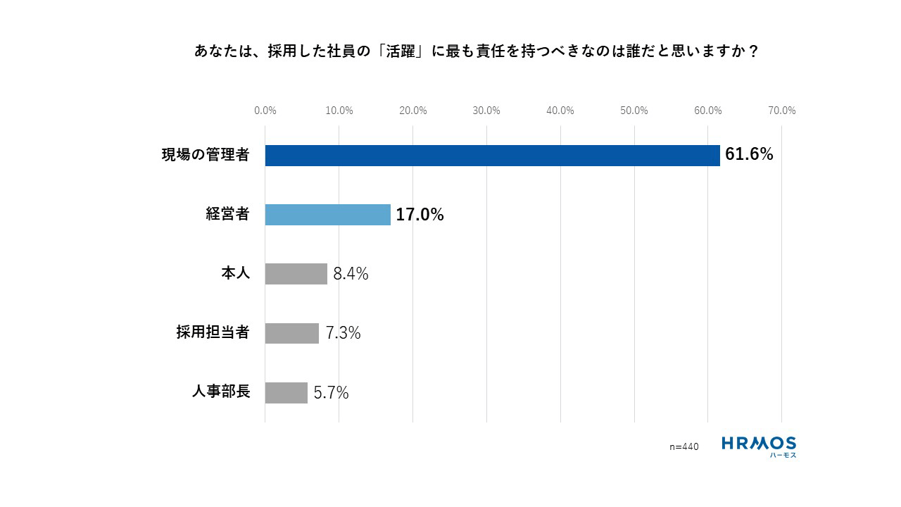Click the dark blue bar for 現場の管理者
[x=492, y=156]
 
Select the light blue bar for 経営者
[x=327, y=215]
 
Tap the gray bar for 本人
[x=296, y=274]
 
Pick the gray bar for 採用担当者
[x=291, y=333]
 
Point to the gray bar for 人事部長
[x=286, y=392]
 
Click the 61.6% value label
[x=749, y=155]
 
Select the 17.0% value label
[x=420, y=215]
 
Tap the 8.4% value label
[x=351, y=274]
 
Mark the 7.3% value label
[x=343, y=333]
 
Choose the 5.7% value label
[x=331, y=393]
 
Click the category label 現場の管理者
[x=206, y=156]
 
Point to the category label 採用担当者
[x=213, y=333]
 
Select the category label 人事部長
[x=220, y=392]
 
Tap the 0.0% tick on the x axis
[x=265, y=111]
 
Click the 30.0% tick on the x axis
[x=486, y=111]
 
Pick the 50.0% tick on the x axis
[x=634, y=111]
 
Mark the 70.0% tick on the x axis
[x=781, y=111]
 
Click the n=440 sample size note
[x=683, y=446]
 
